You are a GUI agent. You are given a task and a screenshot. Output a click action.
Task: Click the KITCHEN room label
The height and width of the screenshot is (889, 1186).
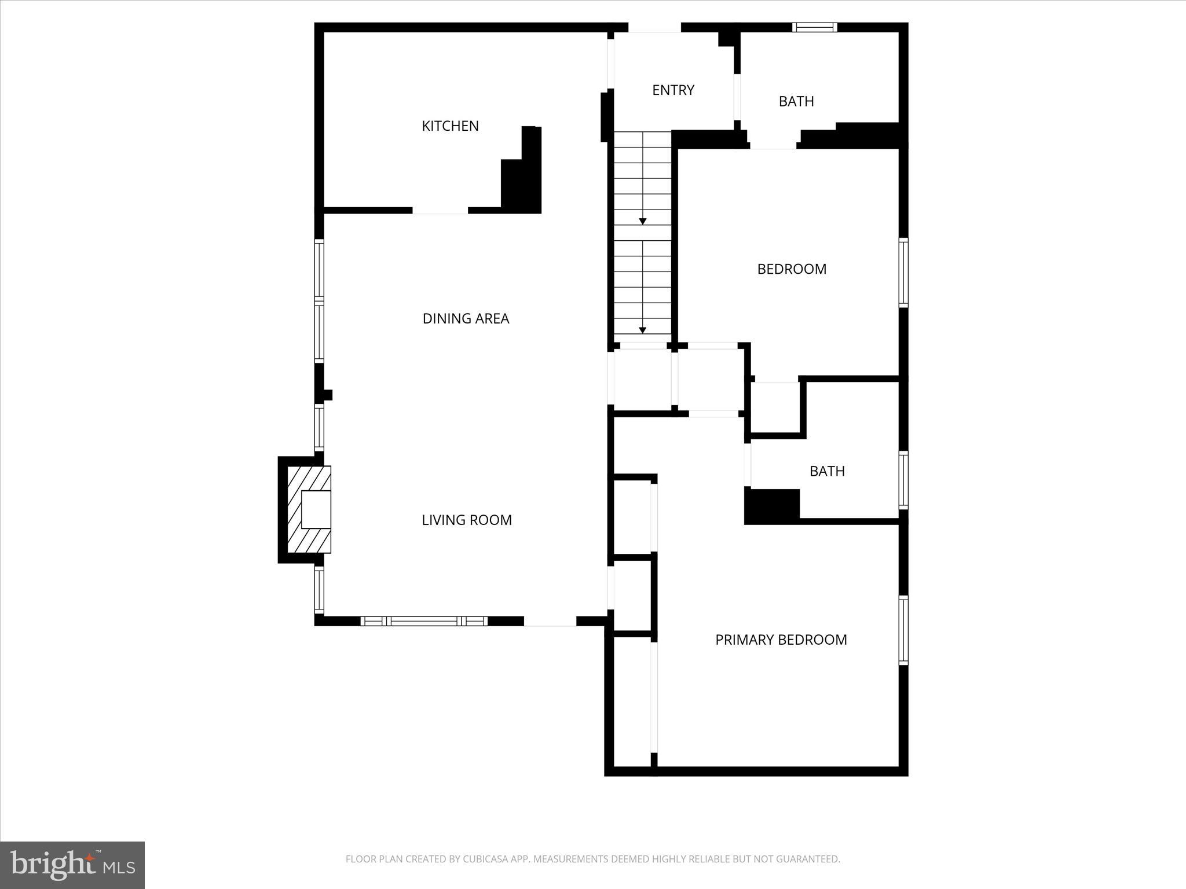(450, 126)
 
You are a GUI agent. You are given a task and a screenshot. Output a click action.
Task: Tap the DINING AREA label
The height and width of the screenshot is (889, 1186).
(466, 318)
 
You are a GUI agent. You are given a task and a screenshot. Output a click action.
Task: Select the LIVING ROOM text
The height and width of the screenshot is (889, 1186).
(467, 520)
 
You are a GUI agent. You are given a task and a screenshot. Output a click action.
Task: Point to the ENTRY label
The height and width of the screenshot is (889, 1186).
(673, 90)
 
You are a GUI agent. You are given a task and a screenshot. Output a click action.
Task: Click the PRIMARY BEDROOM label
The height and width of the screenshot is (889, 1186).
(781, 640)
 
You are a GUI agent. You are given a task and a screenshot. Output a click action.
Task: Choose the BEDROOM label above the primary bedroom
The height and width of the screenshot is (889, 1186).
(792, 269)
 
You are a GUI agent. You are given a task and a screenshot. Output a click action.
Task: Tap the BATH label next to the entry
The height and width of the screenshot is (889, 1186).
(796, 101)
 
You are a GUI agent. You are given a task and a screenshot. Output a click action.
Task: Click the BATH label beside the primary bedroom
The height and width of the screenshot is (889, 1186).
(827, 471)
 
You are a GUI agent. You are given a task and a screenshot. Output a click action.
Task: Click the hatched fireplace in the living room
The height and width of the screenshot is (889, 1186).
(309, 509)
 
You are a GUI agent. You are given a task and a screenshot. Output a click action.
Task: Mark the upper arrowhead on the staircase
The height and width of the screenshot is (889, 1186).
(642, 222)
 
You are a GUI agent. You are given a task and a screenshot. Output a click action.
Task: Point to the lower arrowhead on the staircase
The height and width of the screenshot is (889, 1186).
(642, 330)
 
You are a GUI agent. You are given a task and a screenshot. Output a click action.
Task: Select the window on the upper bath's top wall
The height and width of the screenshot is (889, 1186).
(814, 27)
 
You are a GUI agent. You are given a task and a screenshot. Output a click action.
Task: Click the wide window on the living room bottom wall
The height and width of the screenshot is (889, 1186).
(423, 621)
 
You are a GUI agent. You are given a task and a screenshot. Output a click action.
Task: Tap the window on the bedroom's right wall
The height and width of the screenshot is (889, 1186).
(903, 272)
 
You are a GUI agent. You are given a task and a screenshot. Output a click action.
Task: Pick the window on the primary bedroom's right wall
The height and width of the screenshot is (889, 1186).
(903, 630)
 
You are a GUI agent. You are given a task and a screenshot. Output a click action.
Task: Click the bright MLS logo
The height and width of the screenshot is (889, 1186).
(72, 865)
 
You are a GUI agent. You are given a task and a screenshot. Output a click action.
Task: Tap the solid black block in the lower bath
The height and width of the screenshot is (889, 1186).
(771, 505)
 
